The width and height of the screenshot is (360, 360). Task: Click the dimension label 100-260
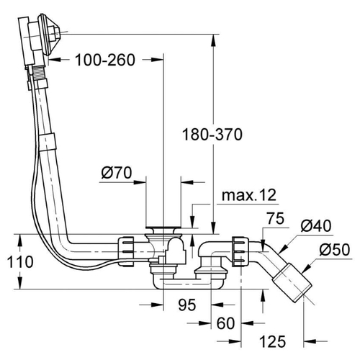[x=105, y=60]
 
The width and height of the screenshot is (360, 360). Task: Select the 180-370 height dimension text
[x=212, y=135]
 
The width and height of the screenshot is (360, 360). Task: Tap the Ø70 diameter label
[x=117, y=173]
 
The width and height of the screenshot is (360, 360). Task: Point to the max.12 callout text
[x=249, y=195]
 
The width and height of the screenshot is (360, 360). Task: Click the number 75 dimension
[x=276, y=218]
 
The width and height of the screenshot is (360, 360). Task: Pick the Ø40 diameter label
[x=316, y=225]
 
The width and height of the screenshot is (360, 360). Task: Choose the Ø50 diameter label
[x=335, y=250]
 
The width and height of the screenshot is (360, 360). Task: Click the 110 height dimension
[x=20, y=261]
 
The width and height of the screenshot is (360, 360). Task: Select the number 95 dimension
[x=187, y=305]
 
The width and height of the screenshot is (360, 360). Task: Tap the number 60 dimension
[x=225, y=323]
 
